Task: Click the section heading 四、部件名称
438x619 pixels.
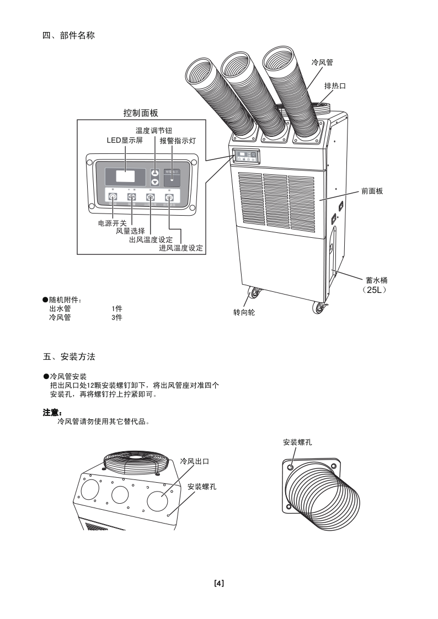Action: [x=69, y=36]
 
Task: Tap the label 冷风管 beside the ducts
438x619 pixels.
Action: [x=322, y=63]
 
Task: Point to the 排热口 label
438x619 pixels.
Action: [x=335, y=86]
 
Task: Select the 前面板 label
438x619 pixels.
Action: [x=372, y=191]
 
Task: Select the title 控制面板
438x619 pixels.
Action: [x=141, y=113]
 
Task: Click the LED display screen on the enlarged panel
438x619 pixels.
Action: [x=126, y=178]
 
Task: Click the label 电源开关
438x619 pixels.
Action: [x=112, y=223]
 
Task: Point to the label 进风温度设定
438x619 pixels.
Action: [x=181, y=248]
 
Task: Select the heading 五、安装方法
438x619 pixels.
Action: [x=69, y=357]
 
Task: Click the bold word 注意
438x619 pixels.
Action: [x=52, y=413]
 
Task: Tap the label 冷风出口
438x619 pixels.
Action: [x=194, y=461]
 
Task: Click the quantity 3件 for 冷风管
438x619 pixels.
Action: [x=117, y=317]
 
